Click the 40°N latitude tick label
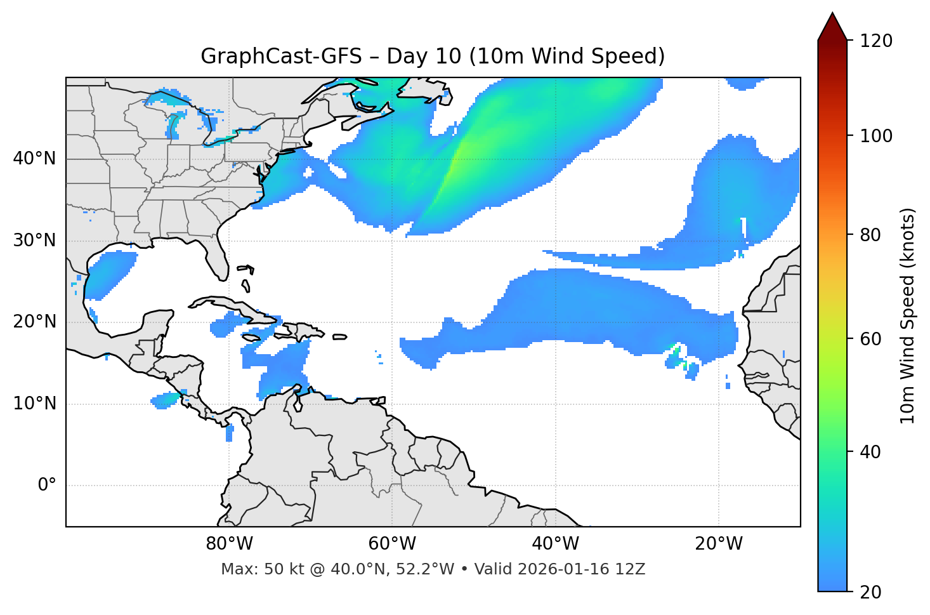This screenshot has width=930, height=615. pos(34,159)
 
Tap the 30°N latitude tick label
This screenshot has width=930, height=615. pos(34,241)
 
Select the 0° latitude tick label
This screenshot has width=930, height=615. pos(47,486)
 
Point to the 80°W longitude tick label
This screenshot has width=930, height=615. pos(229,544)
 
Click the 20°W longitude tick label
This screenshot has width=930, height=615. pos(719,544)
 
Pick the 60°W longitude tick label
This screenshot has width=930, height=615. pos(392,544)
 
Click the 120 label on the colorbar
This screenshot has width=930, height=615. pos(876,41)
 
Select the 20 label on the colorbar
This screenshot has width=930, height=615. pos(870,592)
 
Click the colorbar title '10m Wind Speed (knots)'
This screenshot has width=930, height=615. pos(908,315)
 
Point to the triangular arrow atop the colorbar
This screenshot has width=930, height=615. pos(832,27)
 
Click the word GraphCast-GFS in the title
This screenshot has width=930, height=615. pos(281,56)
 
